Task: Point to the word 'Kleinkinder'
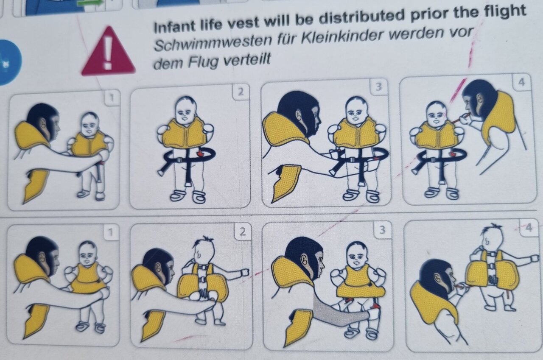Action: click(x=343, y=36)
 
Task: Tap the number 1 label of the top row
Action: click(x=112, y=98)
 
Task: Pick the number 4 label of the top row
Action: click(x=521, y=82)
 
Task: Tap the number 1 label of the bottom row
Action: click(x=111, y=232)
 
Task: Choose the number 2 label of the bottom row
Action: click(x=242, y=232)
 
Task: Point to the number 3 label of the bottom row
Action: click(x=382, y=229)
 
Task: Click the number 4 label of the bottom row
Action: click(x=529, y=228)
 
